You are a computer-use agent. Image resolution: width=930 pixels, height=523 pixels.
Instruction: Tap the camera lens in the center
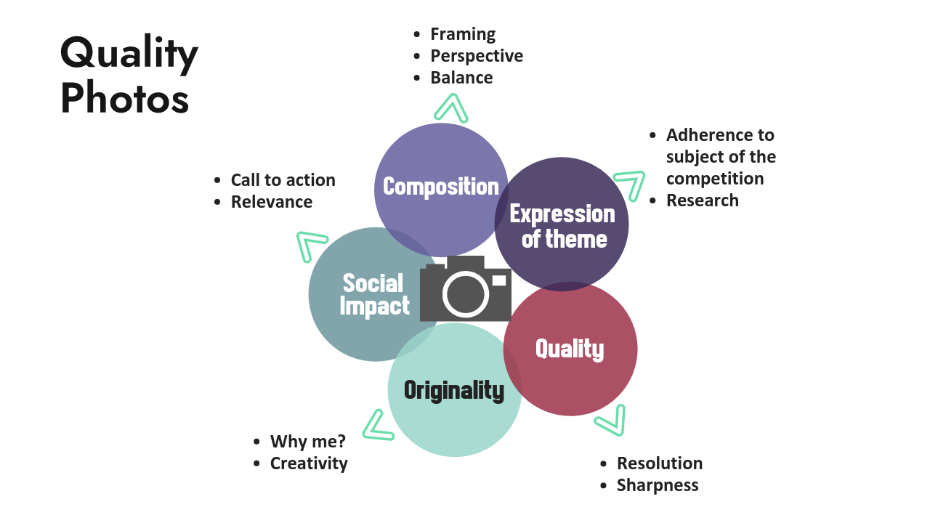pos(466,293)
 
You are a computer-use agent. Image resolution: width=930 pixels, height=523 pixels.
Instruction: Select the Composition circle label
pos(440,187)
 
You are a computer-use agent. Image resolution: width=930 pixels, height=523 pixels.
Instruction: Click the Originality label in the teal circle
pos(454,390)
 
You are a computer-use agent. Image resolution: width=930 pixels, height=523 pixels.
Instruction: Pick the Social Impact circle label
pos(375,294)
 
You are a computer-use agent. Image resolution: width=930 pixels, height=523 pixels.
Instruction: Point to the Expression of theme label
pos(562,226)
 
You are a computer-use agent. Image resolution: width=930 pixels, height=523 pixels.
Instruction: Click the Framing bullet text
pos(463,34)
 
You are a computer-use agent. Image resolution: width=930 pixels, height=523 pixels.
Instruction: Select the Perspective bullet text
pos(477,56)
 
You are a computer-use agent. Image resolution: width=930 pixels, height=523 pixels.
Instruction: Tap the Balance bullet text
pos(461,78)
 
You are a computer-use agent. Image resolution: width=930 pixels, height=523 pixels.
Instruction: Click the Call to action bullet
pos(283,180)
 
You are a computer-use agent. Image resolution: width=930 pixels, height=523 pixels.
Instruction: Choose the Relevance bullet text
pos(272,202)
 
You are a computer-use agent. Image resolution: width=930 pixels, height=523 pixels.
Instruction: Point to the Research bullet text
pos(703,200)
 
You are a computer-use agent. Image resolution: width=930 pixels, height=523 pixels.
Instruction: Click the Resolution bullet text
pos(660,463)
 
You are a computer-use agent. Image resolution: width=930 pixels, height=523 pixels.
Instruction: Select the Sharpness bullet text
pos(658,485)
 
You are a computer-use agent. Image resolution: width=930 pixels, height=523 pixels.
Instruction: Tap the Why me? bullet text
pos(308,442)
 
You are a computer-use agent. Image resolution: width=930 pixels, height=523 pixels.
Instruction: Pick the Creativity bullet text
pos(309,463)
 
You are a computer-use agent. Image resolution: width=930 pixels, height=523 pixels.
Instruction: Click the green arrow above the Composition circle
pos(450,109)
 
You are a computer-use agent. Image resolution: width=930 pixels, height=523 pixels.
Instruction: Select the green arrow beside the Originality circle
pos(377,426)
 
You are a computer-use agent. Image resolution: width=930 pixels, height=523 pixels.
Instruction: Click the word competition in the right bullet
pos(715,179)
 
